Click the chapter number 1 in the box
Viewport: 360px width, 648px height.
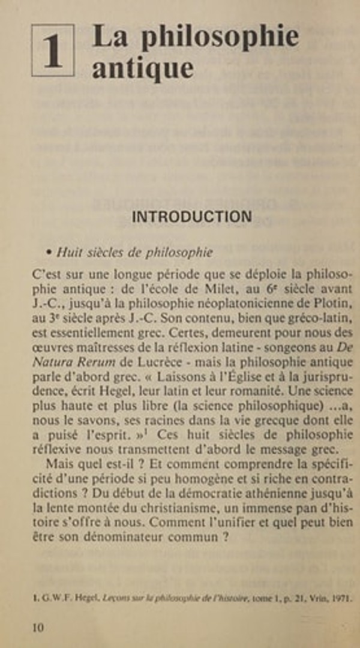[53, 51]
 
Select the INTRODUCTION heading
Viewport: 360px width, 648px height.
[191, 217]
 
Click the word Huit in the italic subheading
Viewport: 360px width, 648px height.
[69, 253]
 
